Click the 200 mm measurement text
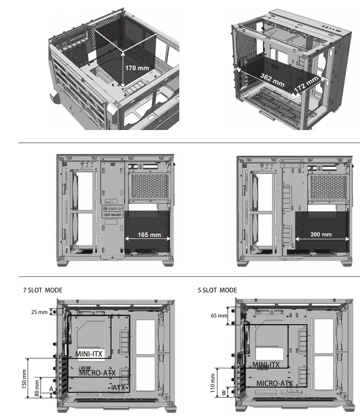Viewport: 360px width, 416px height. tap(321, 235)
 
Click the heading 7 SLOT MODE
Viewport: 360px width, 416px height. tap(42, 290)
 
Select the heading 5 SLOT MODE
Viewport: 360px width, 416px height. tap(217, 290)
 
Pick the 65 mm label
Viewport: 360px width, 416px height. tap(219, 316)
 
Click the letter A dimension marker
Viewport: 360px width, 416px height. tap(50, 389)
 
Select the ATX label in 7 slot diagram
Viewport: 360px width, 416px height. tap(120, 387)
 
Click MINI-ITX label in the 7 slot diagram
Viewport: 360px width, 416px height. tap(89, 353)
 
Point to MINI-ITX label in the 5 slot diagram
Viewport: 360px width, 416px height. tap(266, 365)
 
